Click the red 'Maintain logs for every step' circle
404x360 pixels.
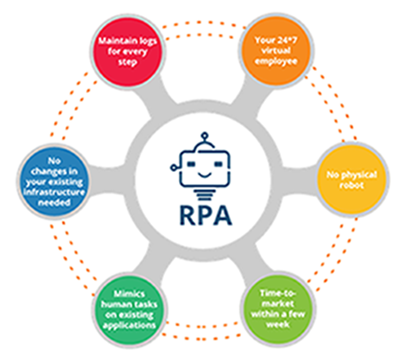pyautogui.click(x=128, y=51)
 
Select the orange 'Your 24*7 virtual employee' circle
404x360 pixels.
pyautogui.click(x=276, y=51)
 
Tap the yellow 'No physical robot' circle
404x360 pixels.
pyautogui.click(x=352, y=178)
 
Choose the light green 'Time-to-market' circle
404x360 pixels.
pyautogui.click(x=278, y=309)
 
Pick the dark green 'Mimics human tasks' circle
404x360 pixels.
pyautogui.click(x=129, y=309)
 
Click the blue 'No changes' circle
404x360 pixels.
pyautogui.click(x=54, y=182)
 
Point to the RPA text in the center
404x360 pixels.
pyautogui.click(x=206, y=215)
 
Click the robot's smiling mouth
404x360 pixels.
pyautogui.click(x=205, y=175)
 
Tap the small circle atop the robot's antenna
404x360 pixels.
pyautogui.click(x=205, y=136)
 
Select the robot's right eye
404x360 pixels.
pyautogui.click(x=218, y=163)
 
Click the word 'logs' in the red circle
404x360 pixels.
pyautogui.click(x=145, y=42)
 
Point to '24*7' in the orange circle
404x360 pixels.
pyautogui.click(x=284, y=40)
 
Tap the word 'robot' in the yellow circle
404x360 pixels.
pyautogui.click(x=352, y=185)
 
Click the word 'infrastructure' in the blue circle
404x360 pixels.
pyautogui.click(x=54, y=192)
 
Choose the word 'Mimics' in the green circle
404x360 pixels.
pyautogui.click(x=129, y=293)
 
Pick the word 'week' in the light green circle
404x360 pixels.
pyautogui.click(x=278, y=325)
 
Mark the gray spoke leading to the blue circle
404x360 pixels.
pyautogui.click(x=111, y=180)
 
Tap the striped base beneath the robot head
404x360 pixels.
pyautogui.click(x=205, y=194)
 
